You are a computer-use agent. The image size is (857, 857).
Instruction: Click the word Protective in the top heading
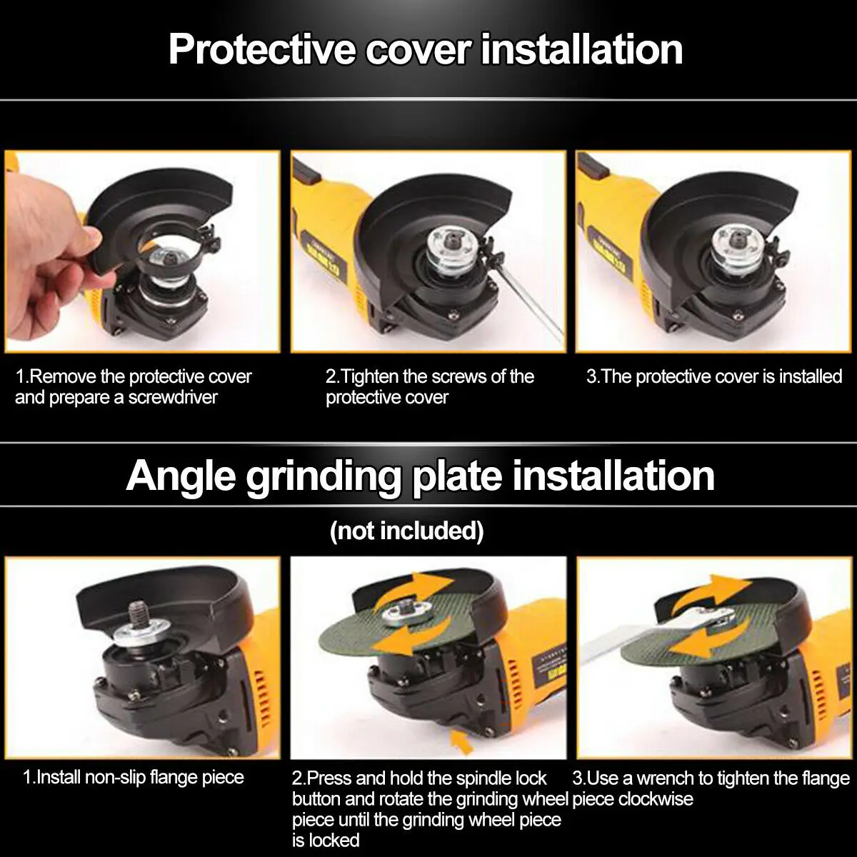click(261, 50)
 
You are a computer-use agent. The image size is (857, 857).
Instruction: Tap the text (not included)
click(406, 531)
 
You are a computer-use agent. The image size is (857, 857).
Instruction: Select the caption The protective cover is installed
click(713, 376)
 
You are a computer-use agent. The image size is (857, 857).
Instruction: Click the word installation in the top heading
click(582, 50)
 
